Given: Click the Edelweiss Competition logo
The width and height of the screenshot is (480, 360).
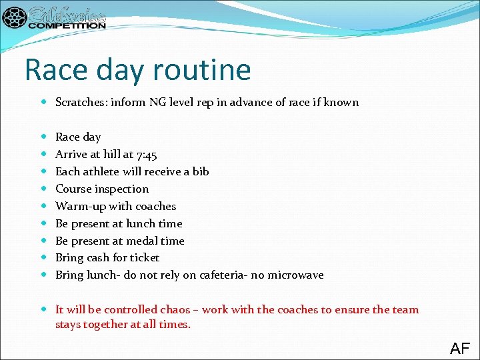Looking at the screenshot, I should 55,17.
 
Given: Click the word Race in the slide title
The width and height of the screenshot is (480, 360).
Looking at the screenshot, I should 53,69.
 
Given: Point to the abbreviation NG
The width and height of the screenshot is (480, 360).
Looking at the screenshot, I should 157,102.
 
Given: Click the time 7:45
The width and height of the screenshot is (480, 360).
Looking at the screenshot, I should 146,155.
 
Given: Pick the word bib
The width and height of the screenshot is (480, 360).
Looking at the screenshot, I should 201,171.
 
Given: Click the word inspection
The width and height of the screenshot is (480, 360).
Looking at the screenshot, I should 123,189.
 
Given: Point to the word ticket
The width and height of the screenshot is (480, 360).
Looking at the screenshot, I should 145,257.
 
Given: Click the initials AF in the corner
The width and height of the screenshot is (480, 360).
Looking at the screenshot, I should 460,348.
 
